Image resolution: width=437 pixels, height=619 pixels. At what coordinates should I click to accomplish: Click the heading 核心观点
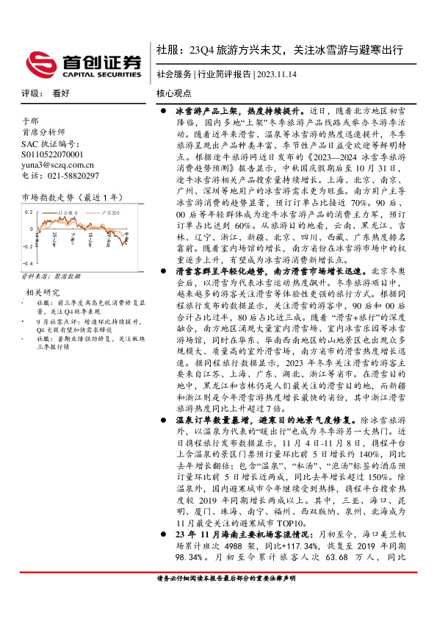pyautogui.click(x=174, y=93)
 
